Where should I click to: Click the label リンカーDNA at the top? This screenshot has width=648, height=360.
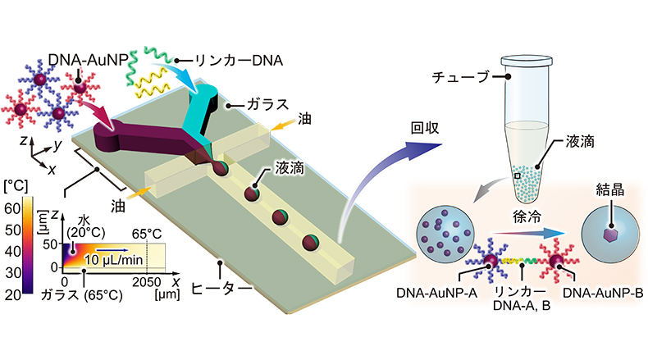[239, 61]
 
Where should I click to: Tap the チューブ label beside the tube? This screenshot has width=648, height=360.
[460, 76]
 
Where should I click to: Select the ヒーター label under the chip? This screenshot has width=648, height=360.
[221, 288]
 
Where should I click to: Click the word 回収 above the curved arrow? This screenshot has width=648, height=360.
[425, 128]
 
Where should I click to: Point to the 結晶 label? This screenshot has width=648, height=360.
[610, 189]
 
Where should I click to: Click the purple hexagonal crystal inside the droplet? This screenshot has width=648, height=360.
[610, 235]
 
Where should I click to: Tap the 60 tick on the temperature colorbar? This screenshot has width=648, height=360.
[12, 209]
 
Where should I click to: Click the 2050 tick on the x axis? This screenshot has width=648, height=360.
[147, 282]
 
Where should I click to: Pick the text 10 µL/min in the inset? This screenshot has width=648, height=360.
[114, 260]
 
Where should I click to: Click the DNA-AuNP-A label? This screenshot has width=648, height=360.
[436, 293]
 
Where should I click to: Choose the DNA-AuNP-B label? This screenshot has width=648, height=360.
[603, 293]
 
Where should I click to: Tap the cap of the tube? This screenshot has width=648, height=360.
[527, 62]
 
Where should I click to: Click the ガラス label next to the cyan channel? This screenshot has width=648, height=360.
[267, 104]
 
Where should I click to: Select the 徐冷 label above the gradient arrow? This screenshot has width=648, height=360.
[527, 216]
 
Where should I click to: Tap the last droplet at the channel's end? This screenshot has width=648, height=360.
[311, 242]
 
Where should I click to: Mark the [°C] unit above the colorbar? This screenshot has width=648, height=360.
[16, 186]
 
